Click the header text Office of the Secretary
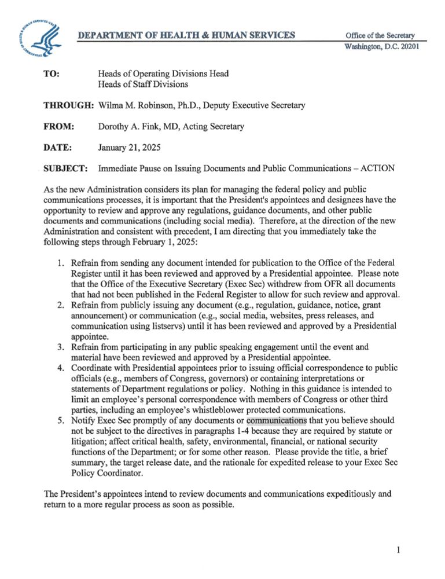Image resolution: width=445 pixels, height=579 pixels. pos(380,36)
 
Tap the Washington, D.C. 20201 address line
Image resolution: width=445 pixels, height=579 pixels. pos(381,47)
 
